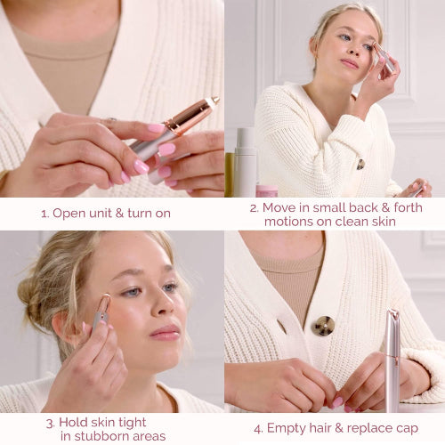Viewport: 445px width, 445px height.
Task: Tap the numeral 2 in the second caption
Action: [253, 207]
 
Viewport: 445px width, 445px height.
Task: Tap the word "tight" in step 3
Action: [131, 421]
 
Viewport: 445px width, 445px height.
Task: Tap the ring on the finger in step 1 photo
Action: [111, 121]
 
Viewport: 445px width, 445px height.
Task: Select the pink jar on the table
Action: [267, 190]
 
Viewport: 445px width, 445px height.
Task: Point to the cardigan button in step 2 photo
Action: [360, 164]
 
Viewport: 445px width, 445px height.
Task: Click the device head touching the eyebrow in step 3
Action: [106, 302]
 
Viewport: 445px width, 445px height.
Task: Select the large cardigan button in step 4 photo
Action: [323, 325]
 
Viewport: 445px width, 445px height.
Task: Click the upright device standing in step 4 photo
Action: [392, 360]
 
